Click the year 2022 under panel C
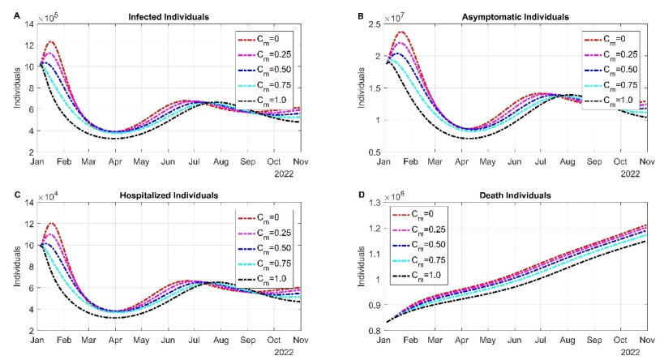[x=288, y=350]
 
